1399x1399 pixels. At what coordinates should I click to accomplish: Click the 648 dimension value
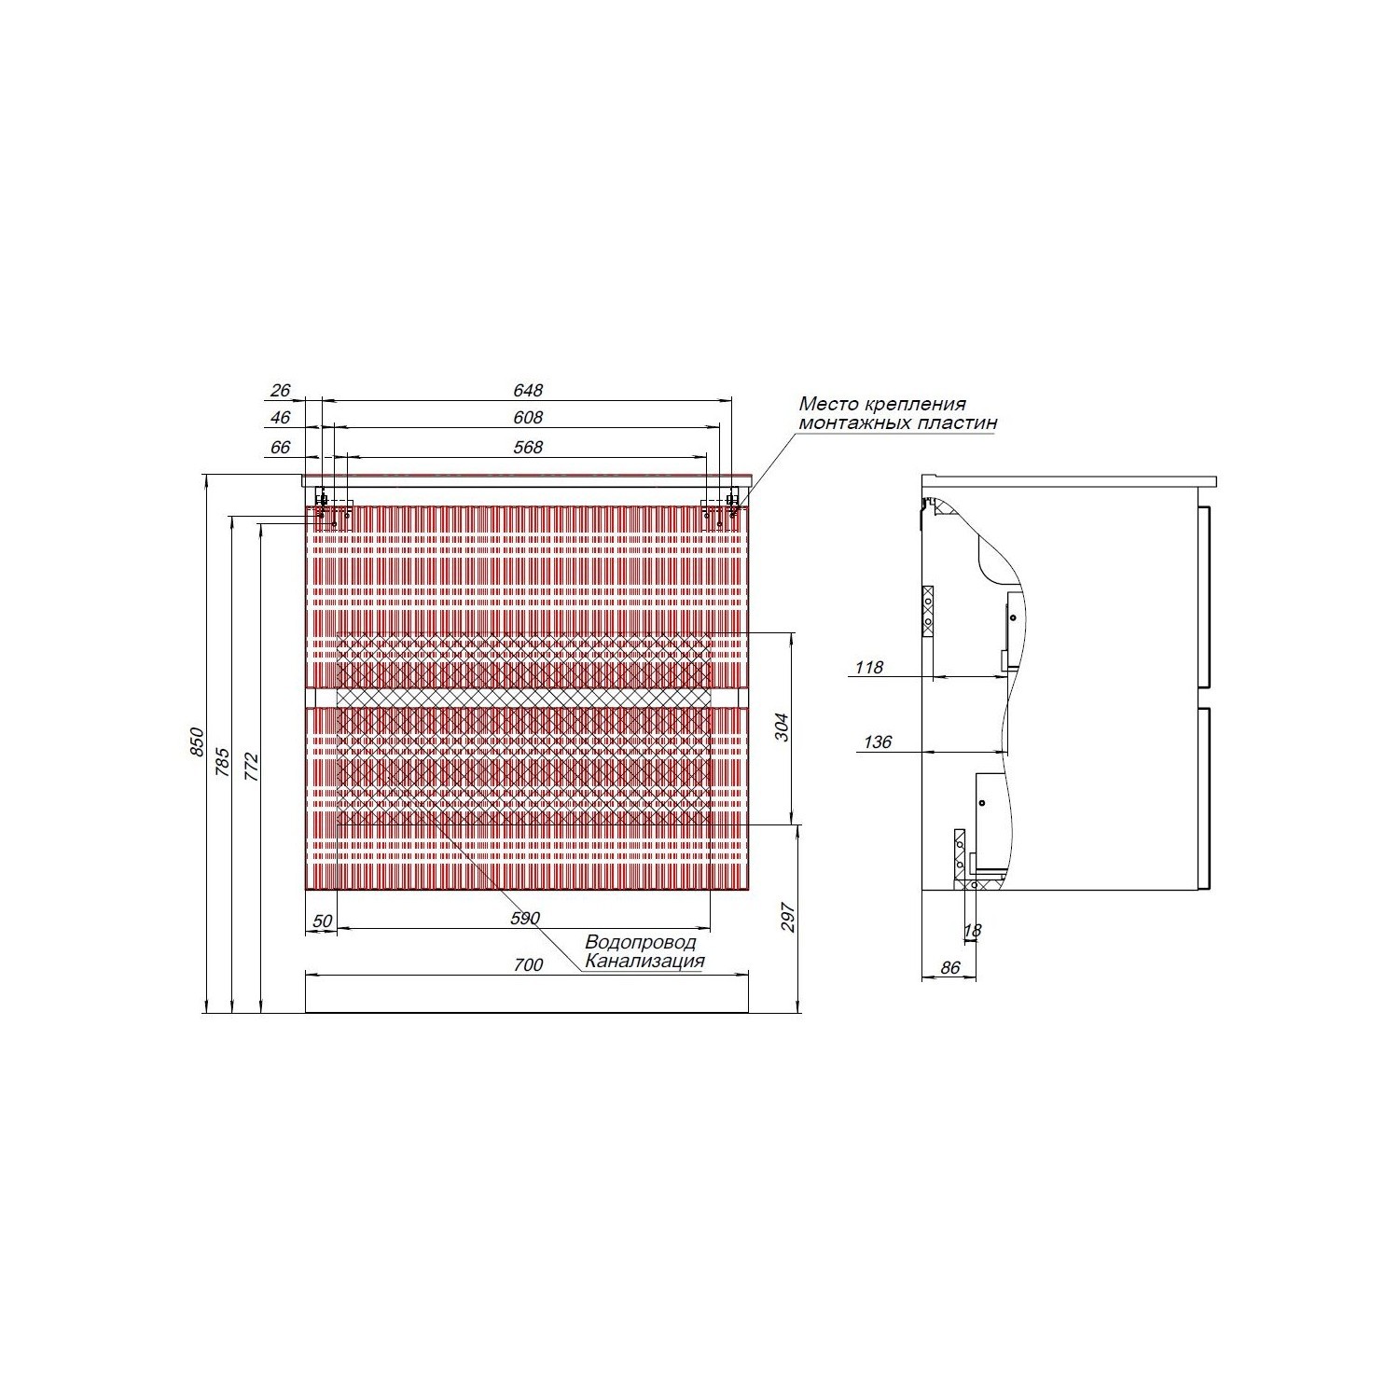(528, 391)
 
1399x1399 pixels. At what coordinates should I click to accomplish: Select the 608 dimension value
(528, 418)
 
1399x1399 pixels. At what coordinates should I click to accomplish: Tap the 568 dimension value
(528, 448)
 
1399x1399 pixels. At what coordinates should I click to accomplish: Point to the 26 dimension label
(282, 391)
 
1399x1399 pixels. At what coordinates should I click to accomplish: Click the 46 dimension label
(282, 418)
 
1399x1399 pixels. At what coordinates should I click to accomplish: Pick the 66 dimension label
(282, 448)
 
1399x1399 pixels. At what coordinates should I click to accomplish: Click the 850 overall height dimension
(197, 742)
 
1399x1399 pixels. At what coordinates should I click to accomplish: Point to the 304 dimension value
(782, 727)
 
